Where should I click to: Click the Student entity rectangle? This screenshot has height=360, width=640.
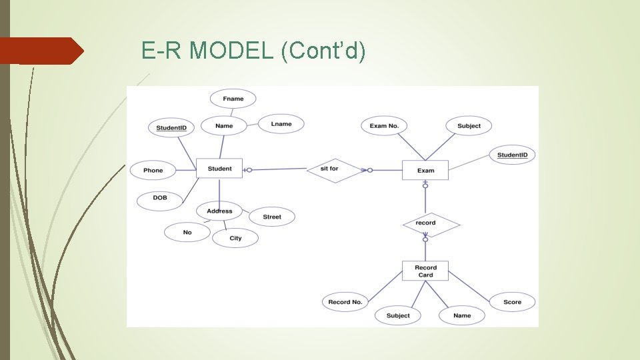[219, 169]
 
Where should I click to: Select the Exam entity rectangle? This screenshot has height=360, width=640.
[425, 170]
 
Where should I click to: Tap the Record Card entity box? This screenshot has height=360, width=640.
[425, 271]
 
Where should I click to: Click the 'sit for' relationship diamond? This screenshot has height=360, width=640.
[329, 169]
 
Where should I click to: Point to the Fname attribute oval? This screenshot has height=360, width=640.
[233, 99]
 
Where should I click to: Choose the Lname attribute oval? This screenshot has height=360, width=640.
[281, 124]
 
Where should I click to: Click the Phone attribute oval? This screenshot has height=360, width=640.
[153, 171]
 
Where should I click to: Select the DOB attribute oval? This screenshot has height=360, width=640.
[160, 198]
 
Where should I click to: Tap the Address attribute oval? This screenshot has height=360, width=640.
[219, 211]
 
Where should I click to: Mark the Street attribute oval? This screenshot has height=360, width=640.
[271, 217]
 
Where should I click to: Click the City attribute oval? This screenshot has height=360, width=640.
[235, 238]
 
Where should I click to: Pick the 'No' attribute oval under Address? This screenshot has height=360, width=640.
[187, 232]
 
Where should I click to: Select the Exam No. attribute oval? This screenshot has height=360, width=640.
[384, 126]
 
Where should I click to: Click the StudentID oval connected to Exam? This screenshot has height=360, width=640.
[512, 155]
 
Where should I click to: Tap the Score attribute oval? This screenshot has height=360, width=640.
[512, 302]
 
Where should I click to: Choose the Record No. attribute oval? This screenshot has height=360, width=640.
[345, 302]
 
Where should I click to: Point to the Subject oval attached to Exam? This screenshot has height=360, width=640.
[469, 126]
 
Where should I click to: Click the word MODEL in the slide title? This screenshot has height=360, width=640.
[231, 51]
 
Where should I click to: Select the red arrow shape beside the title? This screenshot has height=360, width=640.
[41, 51]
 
